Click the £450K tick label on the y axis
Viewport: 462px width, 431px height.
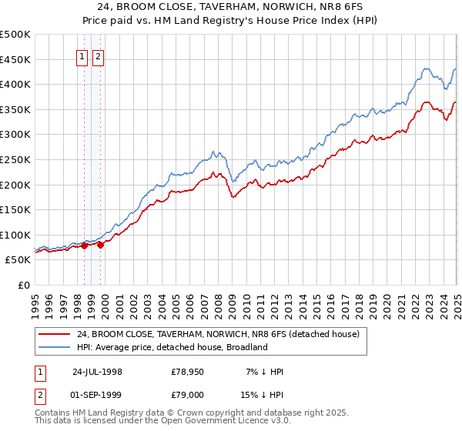click(15, 59)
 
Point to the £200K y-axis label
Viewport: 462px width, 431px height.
click(15, 185)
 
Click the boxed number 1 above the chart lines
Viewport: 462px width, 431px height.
click(82, 55)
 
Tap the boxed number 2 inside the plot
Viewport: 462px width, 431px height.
click(99, 55)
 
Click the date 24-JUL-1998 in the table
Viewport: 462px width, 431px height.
click(97, 372)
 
